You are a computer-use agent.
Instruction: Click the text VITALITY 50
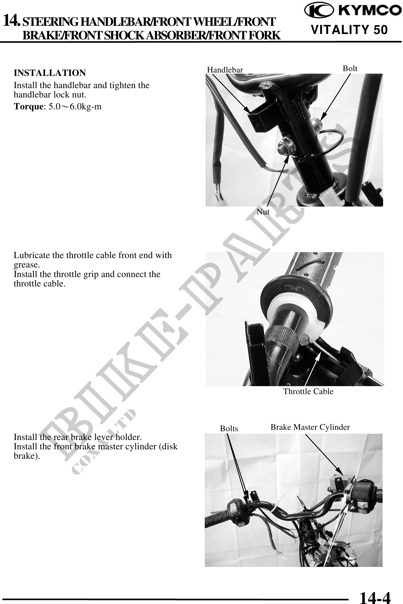(x=349, y=30)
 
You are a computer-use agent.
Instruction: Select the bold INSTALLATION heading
(x=50, y=73)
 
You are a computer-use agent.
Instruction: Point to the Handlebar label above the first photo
(x=225, y=70)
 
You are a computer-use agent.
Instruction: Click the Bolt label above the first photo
(x=350, y=68)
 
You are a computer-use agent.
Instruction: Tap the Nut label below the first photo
(x=263, y=212)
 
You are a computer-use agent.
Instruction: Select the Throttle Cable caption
(x=308, y=392)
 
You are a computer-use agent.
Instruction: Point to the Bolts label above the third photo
(x=229, y=429)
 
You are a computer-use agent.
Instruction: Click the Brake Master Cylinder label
(x=310, y=427)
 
